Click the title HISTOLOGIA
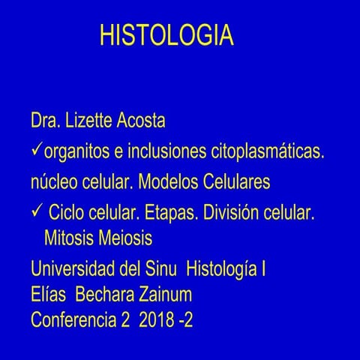pyautogui.click(x=166, y=37)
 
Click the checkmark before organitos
pyautogui.click(x=36, y=151)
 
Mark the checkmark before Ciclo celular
pyautogui.click(x=36, y=213)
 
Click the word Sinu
pyautogui.click(x=161, y=267)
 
